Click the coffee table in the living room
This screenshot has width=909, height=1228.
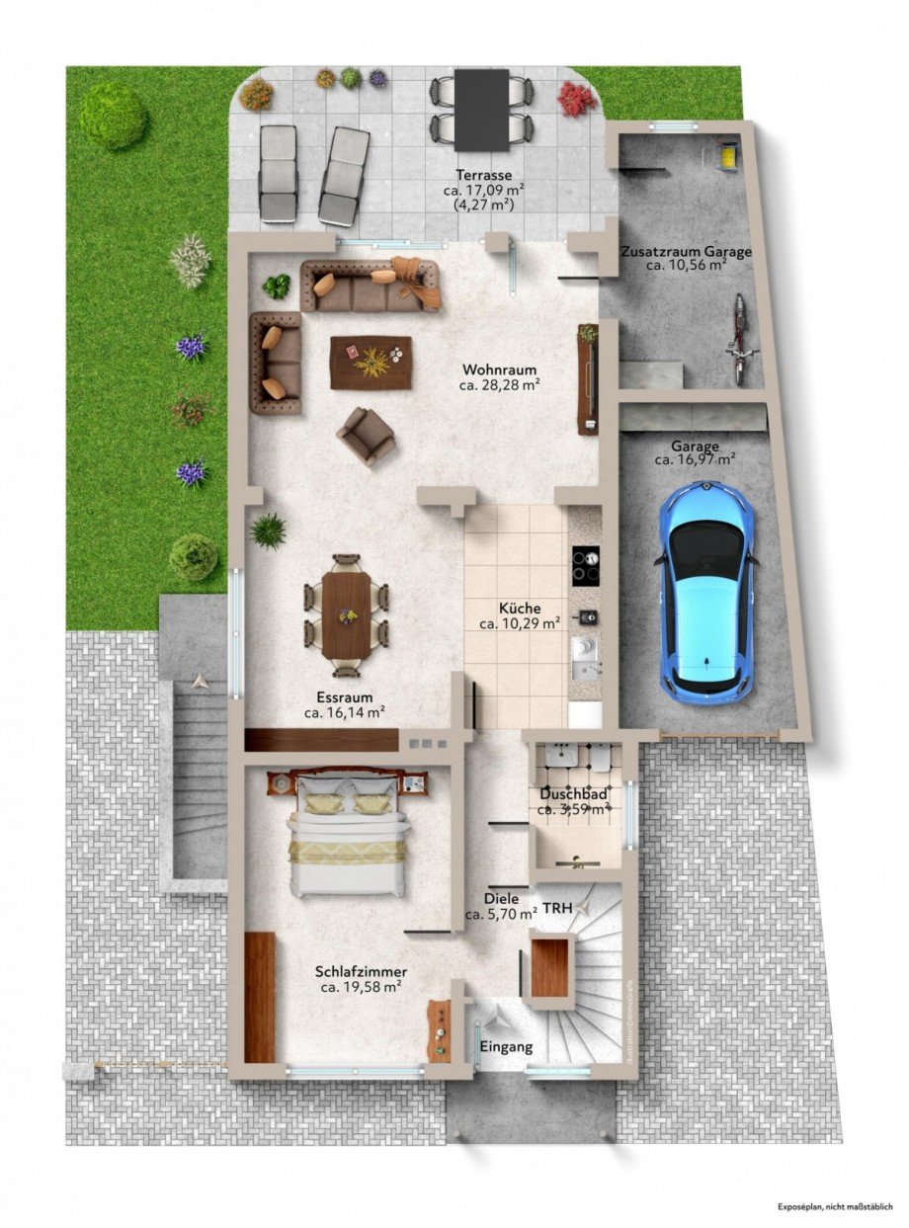click(372, 363)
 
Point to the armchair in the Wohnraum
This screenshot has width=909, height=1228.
click(366, 435)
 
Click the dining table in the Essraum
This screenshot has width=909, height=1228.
click(346, 614)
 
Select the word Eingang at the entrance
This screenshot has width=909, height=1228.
click(506, 1046)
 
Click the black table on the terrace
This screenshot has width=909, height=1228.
click(482, 109)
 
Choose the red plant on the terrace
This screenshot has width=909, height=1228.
click(577, 98)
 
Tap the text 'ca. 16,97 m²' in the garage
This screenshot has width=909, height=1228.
click(695, 459)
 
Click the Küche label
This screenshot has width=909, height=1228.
click(520, 609)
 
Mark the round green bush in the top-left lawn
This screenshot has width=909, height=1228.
click(114, 115)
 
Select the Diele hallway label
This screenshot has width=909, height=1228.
click(502, 900)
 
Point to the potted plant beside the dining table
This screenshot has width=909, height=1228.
click(267, 532)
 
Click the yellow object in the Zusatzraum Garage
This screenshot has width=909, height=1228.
click(728, 156)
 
